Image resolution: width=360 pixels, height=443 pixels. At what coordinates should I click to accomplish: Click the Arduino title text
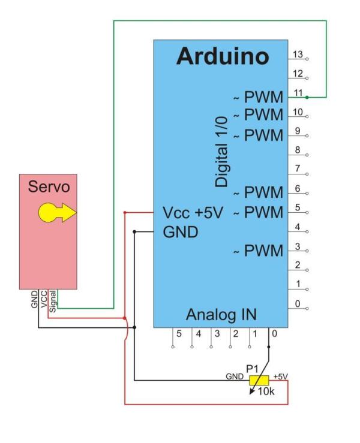coord(223,57)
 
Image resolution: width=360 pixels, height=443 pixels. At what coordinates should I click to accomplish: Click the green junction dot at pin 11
coord(307,97)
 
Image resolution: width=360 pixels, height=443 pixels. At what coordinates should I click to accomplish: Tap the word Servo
coord(49,187)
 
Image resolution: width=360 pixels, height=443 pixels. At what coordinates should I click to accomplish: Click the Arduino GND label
coord(181,232)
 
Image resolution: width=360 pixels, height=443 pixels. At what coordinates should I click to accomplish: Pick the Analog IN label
coord(222,314)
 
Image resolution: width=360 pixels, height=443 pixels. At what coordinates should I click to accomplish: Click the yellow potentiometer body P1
coord(259,379)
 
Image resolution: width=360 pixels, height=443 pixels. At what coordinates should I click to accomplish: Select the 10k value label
coord(266,393)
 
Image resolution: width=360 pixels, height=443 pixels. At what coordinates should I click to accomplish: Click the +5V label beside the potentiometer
coord(280,376)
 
